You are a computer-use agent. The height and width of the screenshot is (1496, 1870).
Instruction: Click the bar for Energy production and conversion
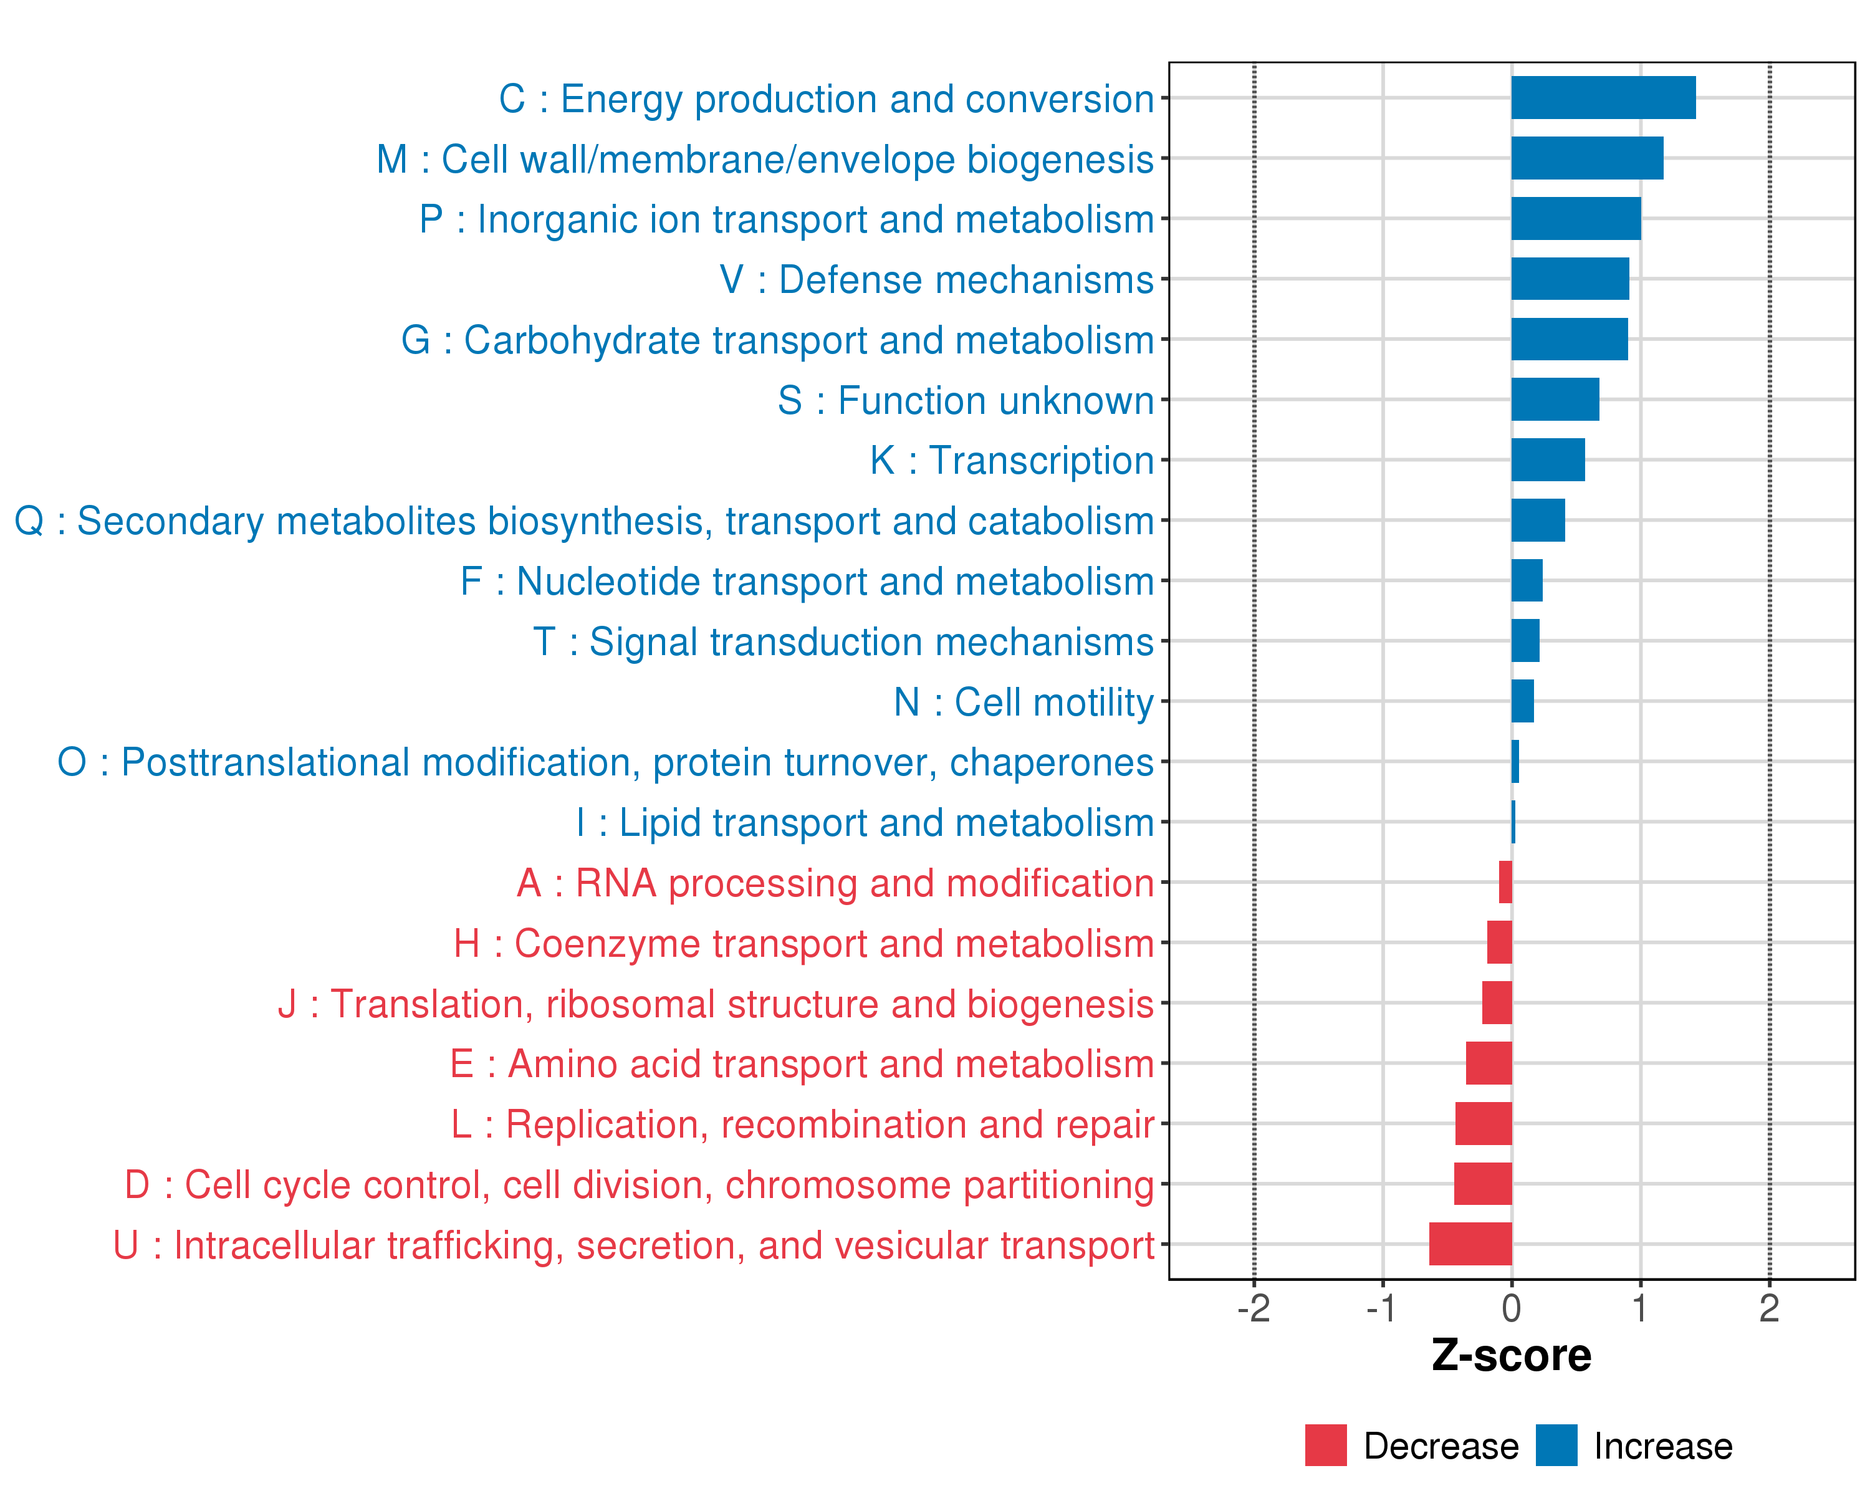(x=1603, y=98)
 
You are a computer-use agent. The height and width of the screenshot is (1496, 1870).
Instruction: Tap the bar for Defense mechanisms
(x=1570, y=279)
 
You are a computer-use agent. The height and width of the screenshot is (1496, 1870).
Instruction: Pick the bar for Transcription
(x=1548, y=459)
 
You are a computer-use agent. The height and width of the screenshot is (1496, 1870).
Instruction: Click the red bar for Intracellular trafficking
(x=1470, y=1244)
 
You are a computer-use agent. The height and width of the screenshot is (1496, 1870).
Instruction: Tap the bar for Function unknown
(x=1555, y=400)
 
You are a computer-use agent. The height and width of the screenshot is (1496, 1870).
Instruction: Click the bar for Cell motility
(x=1522, y=701)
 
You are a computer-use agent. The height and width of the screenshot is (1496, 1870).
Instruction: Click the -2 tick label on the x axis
(x=1254, y=1308)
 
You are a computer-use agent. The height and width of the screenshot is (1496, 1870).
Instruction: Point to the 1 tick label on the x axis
(x=1639, y=1308)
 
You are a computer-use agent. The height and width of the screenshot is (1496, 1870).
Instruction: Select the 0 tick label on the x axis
(x=1511, y=1308)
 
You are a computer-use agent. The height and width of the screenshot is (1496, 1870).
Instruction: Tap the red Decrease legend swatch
(x=1325, y=1446)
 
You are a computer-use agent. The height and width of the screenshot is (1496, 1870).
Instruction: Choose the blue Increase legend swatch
(x=1556, y=1446)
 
